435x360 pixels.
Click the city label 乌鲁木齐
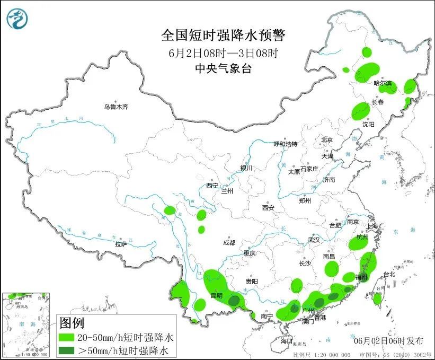pyautogui.click(x=116, y=107)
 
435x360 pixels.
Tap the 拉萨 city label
pyautogui.click(x=121, y=244)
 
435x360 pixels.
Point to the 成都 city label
pyautogui.click(x=229, y=242)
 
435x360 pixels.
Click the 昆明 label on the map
pyautogui.click(x=216, y=295)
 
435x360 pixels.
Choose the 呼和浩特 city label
pyautogui.click(x=285, y=144)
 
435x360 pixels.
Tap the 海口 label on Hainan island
pyautogui.click(x=287, y=340)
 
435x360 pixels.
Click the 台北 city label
pyautogui.click(x=389, y=274)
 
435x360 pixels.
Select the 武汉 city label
pyautogui.click(x=314, y=240)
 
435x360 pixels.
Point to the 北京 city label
pyautogui.click(x=326, y=140)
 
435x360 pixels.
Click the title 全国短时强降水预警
pyautogui.click(x=223, y=36)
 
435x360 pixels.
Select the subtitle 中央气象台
pyautogui.click(x=223, y=68)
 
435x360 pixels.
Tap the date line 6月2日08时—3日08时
pyautogui.click(x=223, y=52)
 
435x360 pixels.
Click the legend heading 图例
pyautogui.click(x=72, y=322)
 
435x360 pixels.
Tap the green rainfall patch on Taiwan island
pyautogui.click(x=377, y=298)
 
